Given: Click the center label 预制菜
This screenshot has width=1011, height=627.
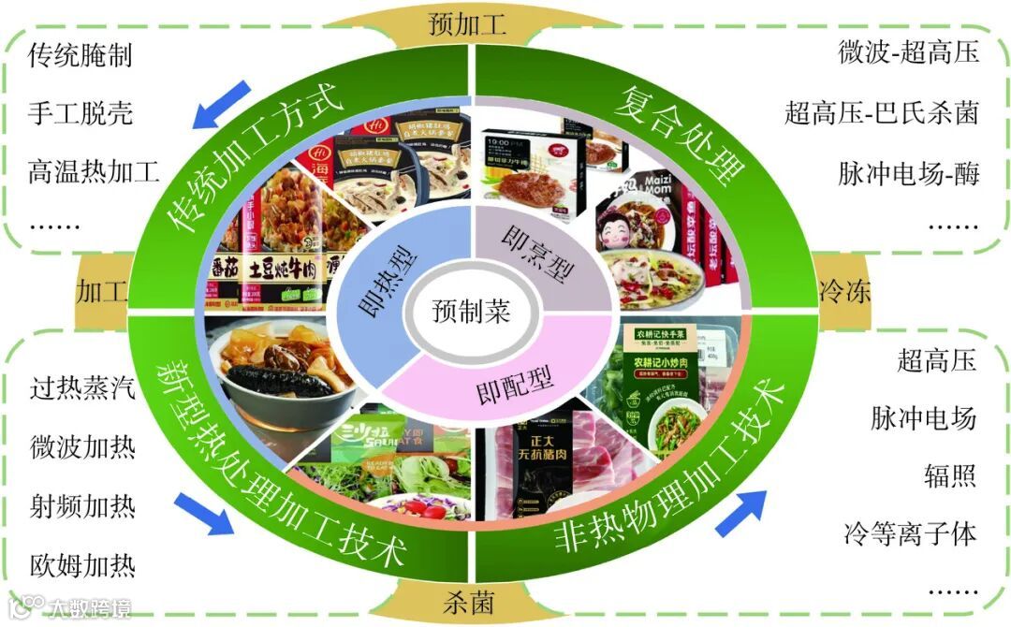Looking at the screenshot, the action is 471,312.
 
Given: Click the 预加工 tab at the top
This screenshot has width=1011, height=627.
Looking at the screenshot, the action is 467,23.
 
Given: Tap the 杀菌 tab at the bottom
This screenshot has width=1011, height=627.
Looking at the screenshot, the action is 468,600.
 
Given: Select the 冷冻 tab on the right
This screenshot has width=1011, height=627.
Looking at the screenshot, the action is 844,290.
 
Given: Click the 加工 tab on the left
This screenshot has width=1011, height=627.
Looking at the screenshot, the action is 103,290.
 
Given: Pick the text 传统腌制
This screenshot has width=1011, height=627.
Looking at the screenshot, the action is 80,55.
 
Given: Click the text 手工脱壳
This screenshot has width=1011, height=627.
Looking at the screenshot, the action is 81,113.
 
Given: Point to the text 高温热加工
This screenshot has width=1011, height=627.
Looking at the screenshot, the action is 94,172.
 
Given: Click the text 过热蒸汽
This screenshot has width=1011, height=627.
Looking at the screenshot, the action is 81,388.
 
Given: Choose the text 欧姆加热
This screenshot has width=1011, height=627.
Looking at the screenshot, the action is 81,565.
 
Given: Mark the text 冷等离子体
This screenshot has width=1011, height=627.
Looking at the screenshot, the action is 910,534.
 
